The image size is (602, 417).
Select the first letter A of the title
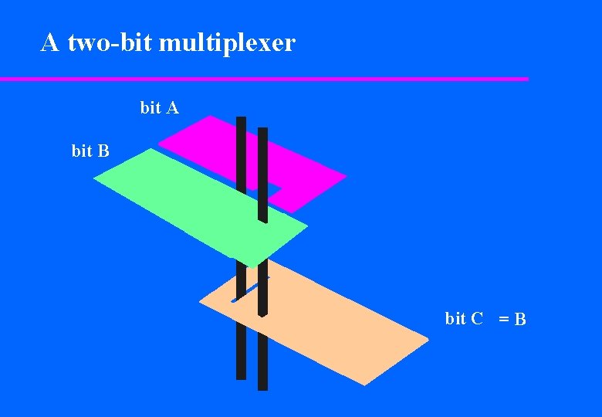pyautogui.click(x=50, y=43)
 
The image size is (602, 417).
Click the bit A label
pyautogui.click(x=160, y=108)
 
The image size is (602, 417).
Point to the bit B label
pyautogui.click(x=90, y=151)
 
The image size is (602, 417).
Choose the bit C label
pyautogui.click(x=464, y=318)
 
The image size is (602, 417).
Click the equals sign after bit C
pyautogui.click(x=503, y=318)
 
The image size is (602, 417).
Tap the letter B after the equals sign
pyautogui.click(x=521, y=319)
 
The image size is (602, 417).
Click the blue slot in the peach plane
pyautogui.click(x=245, y=291)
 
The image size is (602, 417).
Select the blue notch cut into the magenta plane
pyautogui.click(x=273, y=190)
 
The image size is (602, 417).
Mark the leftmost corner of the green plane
pyautogui.click(x=94, y=179)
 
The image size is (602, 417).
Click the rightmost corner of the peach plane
pyautogui.click(x=428, y=337)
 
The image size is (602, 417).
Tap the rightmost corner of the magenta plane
pyautogui.click(x=346, y=177)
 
